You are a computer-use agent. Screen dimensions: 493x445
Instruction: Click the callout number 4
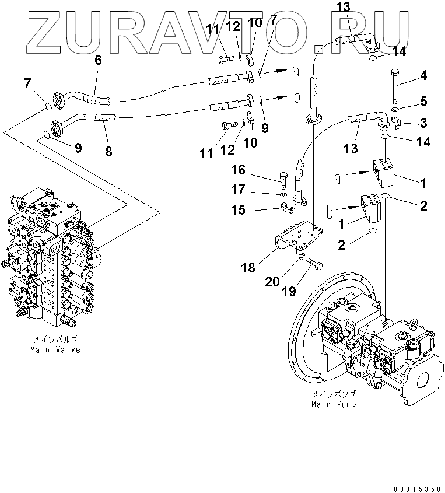click(x=423, y=75)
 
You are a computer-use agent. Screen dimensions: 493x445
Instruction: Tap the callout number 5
click(x=423, y=102)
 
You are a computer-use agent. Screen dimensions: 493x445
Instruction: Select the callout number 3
click(x=423, y=123)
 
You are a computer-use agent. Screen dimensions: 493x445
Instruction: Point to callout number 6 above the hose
click(x=98, y=60)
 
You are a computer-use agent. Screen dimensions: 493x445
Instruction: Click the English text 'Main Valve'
click(x=55, y=349)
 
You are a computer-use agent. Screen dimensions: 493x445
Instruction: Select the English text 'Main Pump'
click(x=334, y=404)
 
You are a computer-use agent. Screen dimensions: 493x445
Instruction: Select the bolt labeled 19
click(x=316, y=265)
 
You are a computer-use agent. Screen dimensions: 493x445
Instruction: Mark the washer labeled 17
click(x=282, y=194)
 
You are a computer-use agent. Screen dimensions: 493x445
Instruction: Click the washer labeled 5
click(x=395, y=110)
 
